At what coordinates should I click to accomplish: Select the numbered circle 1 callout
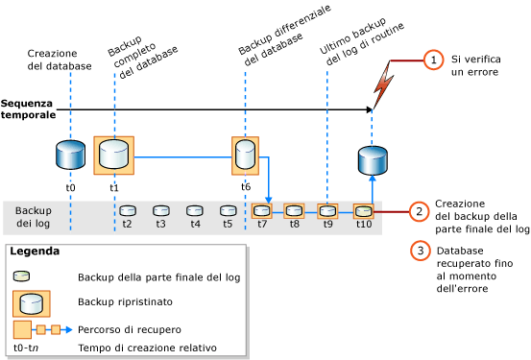tap(433, 60)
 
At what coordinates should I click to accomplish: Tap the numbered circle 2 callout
tap(419, 211)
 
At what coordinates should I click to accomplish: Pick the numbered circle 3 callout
tap(420, 251)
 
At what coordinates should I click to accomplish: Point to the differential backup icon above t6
tap(245, 155)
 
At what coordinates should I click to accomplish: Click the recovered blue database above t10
tap(372, 160)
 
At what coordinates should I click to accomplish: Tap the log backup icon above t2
tap(128, 210)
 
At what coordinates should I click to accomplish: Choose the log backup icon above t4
tap(195, 210)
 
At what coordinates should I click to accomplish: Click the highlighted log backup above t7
tap(261, 210)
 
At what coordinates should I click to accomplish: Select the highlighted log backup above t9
tap(327, 210)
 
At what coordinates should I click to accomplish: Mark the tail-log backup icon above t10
tap(362, 210)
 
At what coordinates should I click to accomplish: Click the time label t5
tap(228, 224)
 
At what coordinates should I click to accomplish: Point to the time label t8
tap(294, 224)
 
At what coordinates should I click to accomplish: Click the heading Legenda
tap(35, 252)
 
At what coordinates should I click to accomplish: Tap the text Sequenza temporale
tap(28, 108)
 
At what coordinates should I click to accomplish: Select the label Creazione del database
tap(60, 60)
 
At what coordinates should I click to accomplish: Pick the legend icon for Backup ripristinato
tap(32, 302)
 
